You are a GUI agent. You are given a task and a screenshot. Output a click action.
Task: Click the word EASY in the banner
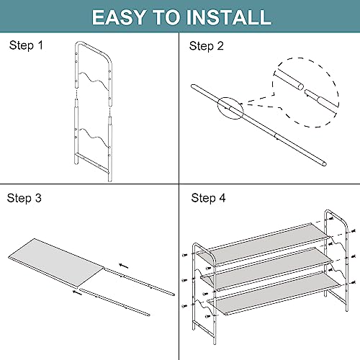coord(119,17)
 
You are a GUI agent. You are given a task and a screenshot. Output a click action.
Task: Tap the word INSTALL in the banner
coord(229,17)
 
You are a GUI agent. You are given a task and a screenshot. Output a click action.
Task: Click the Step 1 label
coord(26,45)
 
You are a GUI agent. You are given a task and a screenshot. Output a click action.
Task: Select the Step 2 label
coord(206,46)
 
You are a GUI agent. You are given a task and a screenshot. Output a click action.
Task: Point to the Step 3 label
coord(24,198)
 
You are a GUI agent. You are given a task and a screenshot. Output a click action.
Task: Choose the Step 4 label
coord(208,198)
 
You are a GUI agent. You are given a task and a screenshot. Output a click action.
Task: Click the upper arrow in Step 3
coord(124,266)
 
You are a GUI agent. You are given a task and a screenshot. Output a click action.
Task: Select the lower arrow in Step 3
coord(77,293)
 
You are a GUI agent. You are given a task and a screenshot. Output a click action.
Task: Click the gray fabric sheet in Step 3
coord(56,263)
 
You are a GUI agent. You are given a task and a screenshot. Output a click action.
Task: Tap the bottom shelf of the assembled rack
coord(274,293)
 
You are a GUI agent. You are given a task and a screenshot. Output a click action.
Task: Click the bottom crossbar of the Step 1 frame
coord(92,163)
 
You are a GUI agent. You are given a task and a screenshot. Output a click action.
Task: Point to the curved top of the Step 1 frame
coord(94,48)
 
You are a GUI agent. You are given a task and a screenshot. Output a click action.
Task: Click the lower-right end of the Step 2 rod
coord(325,164)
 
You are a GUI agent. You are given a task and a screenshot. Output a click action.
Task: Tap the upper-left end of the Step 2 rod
coord(193,86)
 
